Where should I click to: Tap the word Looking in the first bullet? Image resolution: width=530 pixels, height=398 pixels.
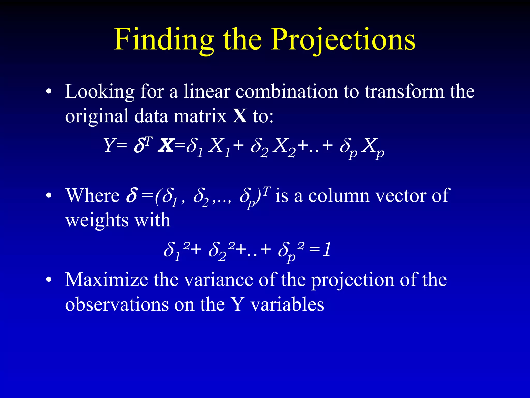[x=100, y=92]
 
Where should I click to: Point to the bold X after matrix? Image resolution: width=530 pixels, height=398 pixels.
[x=240, y=116]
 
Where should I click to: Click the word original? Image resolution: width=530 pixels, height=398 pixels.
[x=97, y=116]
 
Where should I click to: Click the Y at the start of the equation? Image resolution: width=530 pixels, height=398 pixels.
[x=109, y=145]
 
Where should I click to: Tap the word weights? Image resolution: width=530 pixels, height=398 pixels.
[x=97, y=221]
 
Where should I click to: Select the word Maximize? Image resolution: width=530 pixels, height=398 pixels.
[x=106, y=280]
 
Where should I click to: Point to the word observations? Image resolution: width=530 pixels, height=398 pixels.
[x=116, y=304]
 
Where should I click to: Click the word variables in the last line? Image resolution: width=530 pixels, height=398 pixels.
[x=287, y=304]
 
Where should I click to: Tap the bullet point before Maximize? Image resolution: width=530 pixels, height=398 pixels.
[x=48, y=280]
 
